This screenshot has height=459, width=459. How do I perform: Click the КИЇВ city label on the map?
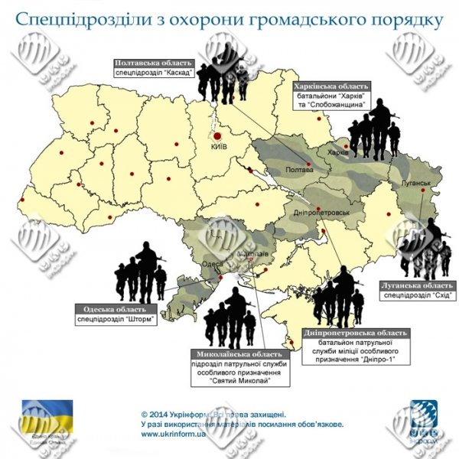(219, 146)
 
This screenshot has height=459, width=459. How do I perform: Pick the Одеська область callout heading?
(116, 310)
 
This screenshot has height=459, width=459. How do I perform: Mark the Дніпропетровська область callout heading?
(356, 333)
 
